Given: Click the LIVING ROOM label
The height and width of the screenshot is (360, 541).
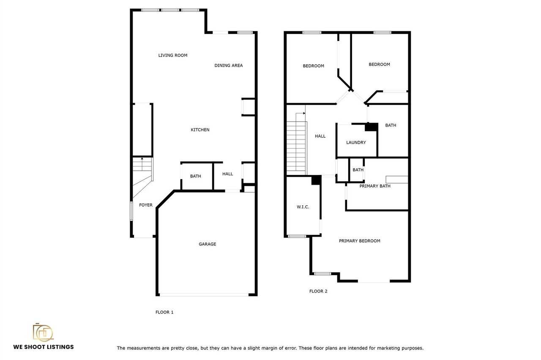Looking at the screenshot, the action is [173, 55].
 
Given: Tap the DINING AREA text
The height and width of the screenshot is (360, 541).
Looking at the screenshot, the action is [229, 65].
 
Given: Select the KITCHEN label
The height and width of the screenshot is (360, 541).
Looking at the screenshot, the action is [200, 130].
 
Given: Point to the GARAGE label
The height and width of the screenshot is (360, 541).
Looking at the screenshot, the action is [207, 244].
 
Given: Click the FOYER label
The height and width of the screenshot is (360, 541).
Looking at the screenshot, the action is [146, 205].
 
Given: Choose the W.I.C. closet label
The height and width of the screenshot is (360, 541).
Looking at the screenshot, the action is [303, 207].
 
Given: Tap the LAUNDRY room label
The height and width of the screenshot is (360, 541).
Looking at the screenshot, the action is [356, 142].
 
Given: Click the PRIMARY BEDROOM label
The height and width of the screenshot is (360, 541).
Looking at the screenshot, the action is [359, 241].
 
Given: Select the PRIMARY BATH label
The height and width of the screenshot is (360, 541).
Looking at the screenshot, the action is [375, 186].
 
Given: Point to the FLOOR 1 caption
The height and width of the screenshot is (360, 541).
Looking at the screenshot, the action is [164, 312].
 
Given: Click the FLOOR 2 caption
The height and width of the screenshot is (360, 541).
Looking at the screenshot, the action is [318, 291].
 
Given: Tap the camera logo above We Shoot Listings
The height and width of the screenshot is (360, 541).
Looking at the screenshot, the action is [43, 333].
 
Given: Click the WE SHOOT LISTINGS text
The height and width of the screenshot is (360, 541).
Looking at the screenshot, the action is [44, 347].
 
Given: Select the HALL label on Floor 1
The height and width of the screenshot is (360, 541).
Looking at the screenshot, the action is [227, 174].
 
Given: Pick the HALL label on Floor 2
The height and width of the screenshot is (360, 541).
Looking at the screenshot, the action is [320, 136].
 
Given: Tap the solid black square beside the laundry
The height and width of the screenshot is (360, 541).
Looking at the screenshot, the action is [372, 127].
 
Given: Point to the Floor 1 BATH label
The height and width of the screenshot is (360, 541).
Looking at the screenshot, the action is [195, 176].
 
